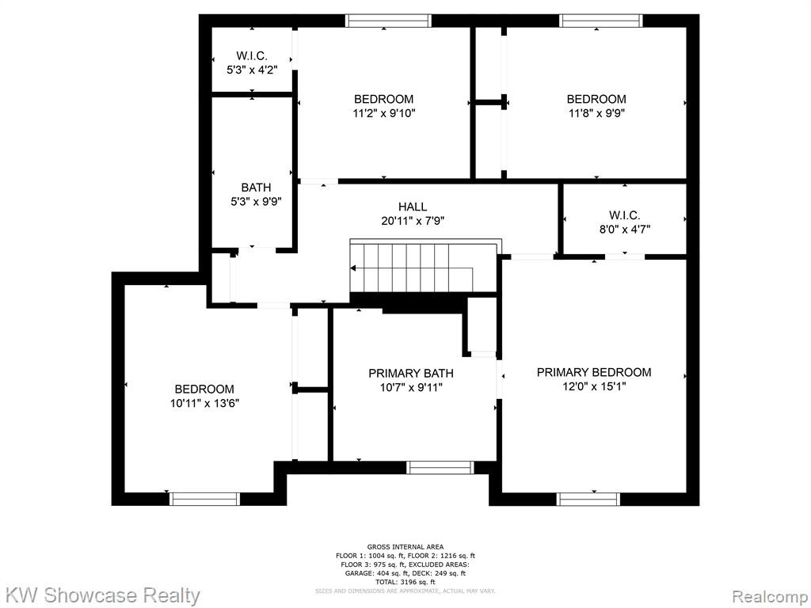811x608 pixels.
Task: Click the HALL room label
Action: tap(412, 207)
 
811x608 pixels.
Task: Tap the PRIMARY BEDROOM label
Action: tap(594, 372)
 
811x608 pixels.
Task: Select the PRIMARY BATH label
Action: tap(411, 374)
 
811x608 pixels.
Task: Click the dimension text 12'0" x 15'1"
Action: tap(594, 386)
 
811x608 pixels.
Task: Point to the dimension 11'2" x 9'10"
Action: tap(384, 113)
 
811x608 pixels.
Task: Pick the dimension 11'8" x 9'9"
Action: tap(596, 113)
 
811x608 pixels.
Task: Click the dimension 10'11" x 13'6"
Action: tap(204, 403)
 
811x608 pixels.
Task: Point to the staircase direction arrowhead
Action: tap(353, 268)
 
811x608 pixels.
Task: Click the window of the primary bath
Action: tap(440, 467)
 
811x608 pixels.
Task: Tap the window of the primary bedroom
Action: tap(588, 499)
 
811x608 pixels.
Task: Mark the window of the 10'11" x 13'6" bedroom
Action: tap(204, 499)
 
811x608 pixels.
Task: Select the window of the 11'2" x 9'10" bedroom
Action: tap(388, 21)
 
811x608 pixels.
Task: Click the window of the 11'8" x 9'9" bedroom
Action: tap(602, 21)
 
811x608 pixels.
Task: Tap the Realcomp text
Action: tap(771, 595)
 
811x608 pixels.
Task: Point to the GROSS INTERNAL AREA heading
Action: tap(405, 547)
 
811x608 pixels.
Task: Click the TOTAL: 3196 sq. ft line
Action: tap(405, 582)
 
